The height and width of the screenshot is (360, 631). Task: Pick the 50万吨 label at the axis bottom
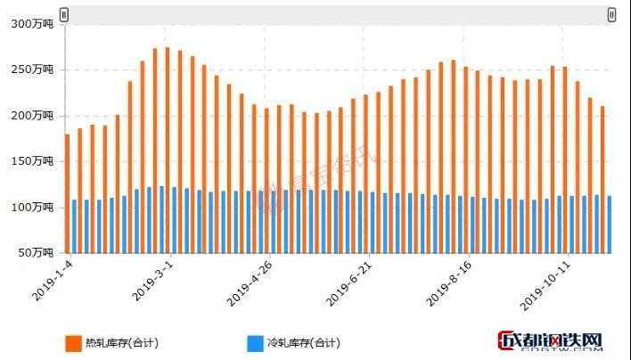click(37, 253)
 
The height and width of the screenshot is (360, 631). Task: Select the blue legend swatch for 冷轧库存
click(255, 342)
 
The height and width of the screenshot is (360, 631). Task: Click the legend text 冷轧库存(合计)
click(304, 342)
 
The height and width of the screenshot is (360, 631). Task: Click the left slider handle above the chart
click(63, 14)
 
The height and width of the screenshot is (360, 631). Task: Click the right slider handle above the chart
click(611, 14)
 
